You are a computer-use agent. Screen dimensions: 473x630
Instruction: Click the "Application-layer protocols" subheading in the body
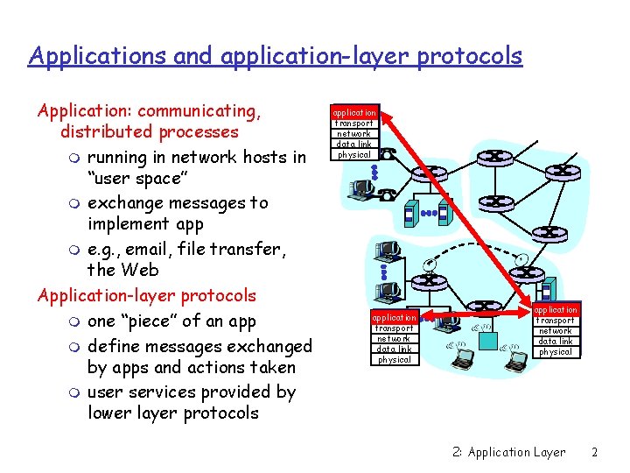coord(147,295)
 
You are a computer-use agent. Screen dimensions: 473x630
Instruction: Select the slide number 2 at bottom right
coord(594,452)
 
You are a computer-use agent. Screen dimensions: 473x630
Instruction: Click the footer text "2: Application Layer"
coord(509,452)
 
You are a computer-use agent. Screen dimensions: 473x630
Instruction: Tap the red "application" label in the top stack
coord(354,113)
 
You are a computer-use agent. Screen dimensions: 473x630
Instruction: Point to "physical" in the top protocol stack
coord(354,154)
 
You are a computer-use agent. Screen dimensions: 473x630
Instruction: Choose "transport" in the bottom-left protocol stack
coord(394,328)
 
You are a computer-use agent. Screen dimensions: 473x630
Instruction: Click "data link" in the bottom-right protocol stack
coord(556,342)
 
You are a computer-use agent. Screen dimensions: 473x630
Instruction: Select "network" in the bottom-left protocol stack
coord(394,339)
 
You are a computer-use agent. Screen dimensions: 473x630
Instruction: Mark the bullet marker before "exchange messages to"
coord(75,204)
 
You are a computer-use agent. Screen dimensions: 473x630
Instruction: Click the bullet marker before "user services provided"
coord(75,393)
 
